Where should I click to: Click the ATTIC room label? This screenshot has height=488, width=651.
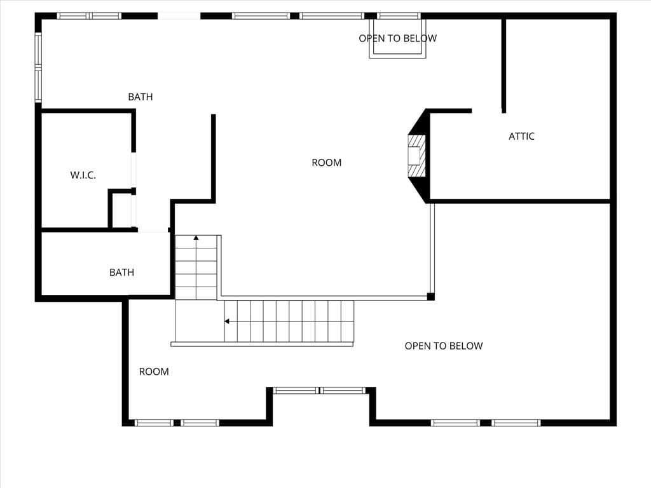pos(521,136)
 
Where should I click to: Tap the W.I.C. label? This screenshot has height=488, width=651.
pos(83,175)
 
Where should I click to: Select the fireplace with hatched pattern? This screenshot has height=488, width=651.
pos(416,156)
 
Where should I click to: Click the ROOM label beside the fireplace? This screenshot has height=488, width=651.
pos(327,163)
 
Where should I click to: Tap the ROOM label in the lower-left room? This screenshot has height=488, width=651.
pos(154,372)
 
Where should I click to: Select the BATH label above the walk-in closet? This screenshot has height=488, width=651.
pos(140,97)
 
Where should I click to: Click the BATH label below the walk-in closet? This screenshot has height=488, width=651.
pos(121,273)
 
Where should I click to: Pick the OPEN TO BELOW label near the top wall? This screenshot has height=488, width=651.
pos(398,39)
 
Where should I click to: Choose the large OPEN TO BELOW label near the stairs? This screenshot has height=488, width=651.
pos(444,346)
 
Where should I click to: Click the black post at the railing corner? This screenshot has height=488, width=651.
pos(431,296)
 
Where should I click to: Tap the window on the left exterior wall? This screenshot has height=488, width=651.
pos(38,67)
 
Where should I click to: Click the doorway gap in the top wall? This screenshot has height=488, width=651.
pos(179,16)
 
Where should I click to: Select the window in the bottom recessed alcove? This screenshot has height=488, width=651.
pos(320,391)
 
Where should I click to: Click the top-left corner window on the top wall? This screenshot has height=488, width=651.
pos(89,16)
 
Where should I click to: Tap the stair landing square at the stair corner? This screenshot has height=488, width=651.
pos(199,321)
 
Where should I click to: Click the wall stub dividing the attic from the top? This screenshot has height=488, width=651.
pos(504,65)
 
